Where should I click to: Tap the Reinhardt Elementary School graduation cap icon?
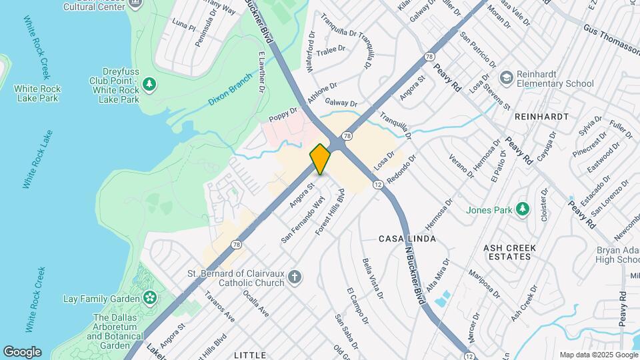507,78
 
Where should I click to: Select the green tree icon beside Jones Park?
523,210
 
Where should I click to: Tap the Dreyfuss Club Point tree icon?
150,83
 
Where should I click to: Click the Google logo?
22,351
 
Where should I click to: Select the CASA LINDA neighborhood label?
407,239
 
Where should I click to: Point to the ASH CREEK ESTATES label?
511,252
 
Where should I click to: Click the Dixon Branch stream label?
231,89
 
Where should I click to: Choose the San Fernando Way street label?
303,219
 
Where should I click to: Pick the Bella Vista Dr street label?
373,278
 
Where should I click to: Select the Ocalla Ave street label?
255,303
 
